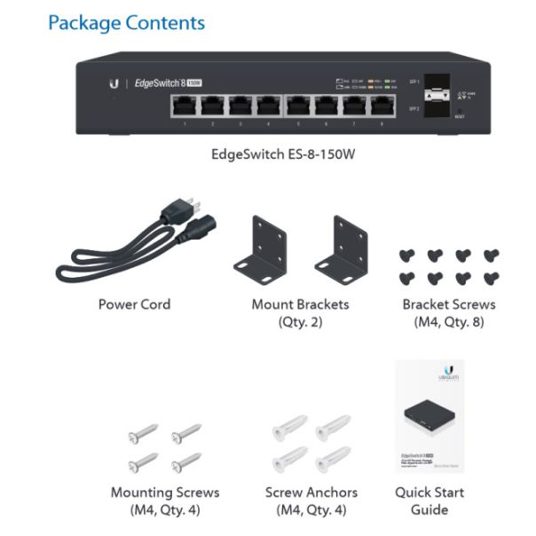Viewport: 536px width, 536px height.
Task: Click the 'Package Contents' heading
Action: coord(126,22)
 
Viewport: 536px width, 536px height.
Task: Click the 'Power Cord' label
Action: coord(134,304)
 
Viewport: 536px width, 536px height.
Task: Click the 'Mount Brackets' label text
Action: coord(300,304)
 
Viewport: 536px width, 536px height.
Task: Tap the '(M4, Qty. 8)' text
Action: coord(449,321)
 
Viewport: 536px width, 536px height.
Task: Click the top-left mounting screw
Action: coord(141,434)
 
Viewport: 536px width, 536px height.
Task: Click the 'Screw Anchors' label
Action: coord(311,492)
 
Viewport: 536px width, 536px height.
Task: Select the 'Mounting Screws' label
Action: coord(165,492)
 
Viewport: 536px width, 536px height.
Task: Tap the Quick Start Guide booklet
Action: coord(430,417)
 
